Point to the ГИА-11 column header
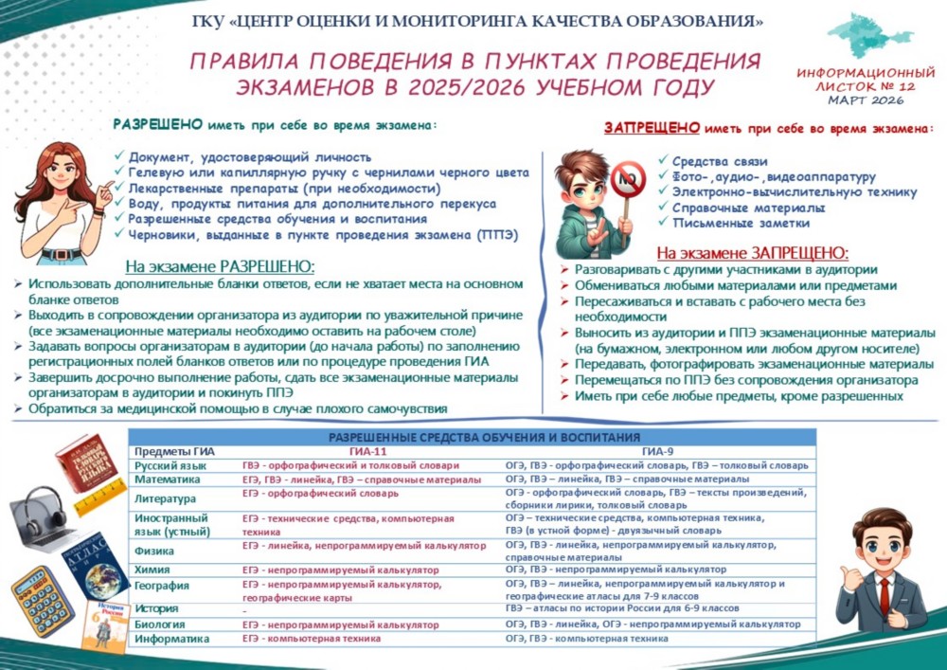coord(369,451)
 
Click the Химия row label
coord(152,570)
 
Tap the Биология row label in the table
coord(159,625)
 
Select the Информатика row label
coord(171,640)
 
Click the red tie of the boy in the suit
coord(884,595)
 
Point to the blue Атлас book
coord(95,566)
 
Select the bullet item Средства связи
coord(719,161)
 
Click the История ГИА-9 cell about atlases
coord(621,609)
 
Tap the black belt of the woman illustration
coord(63,253)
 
